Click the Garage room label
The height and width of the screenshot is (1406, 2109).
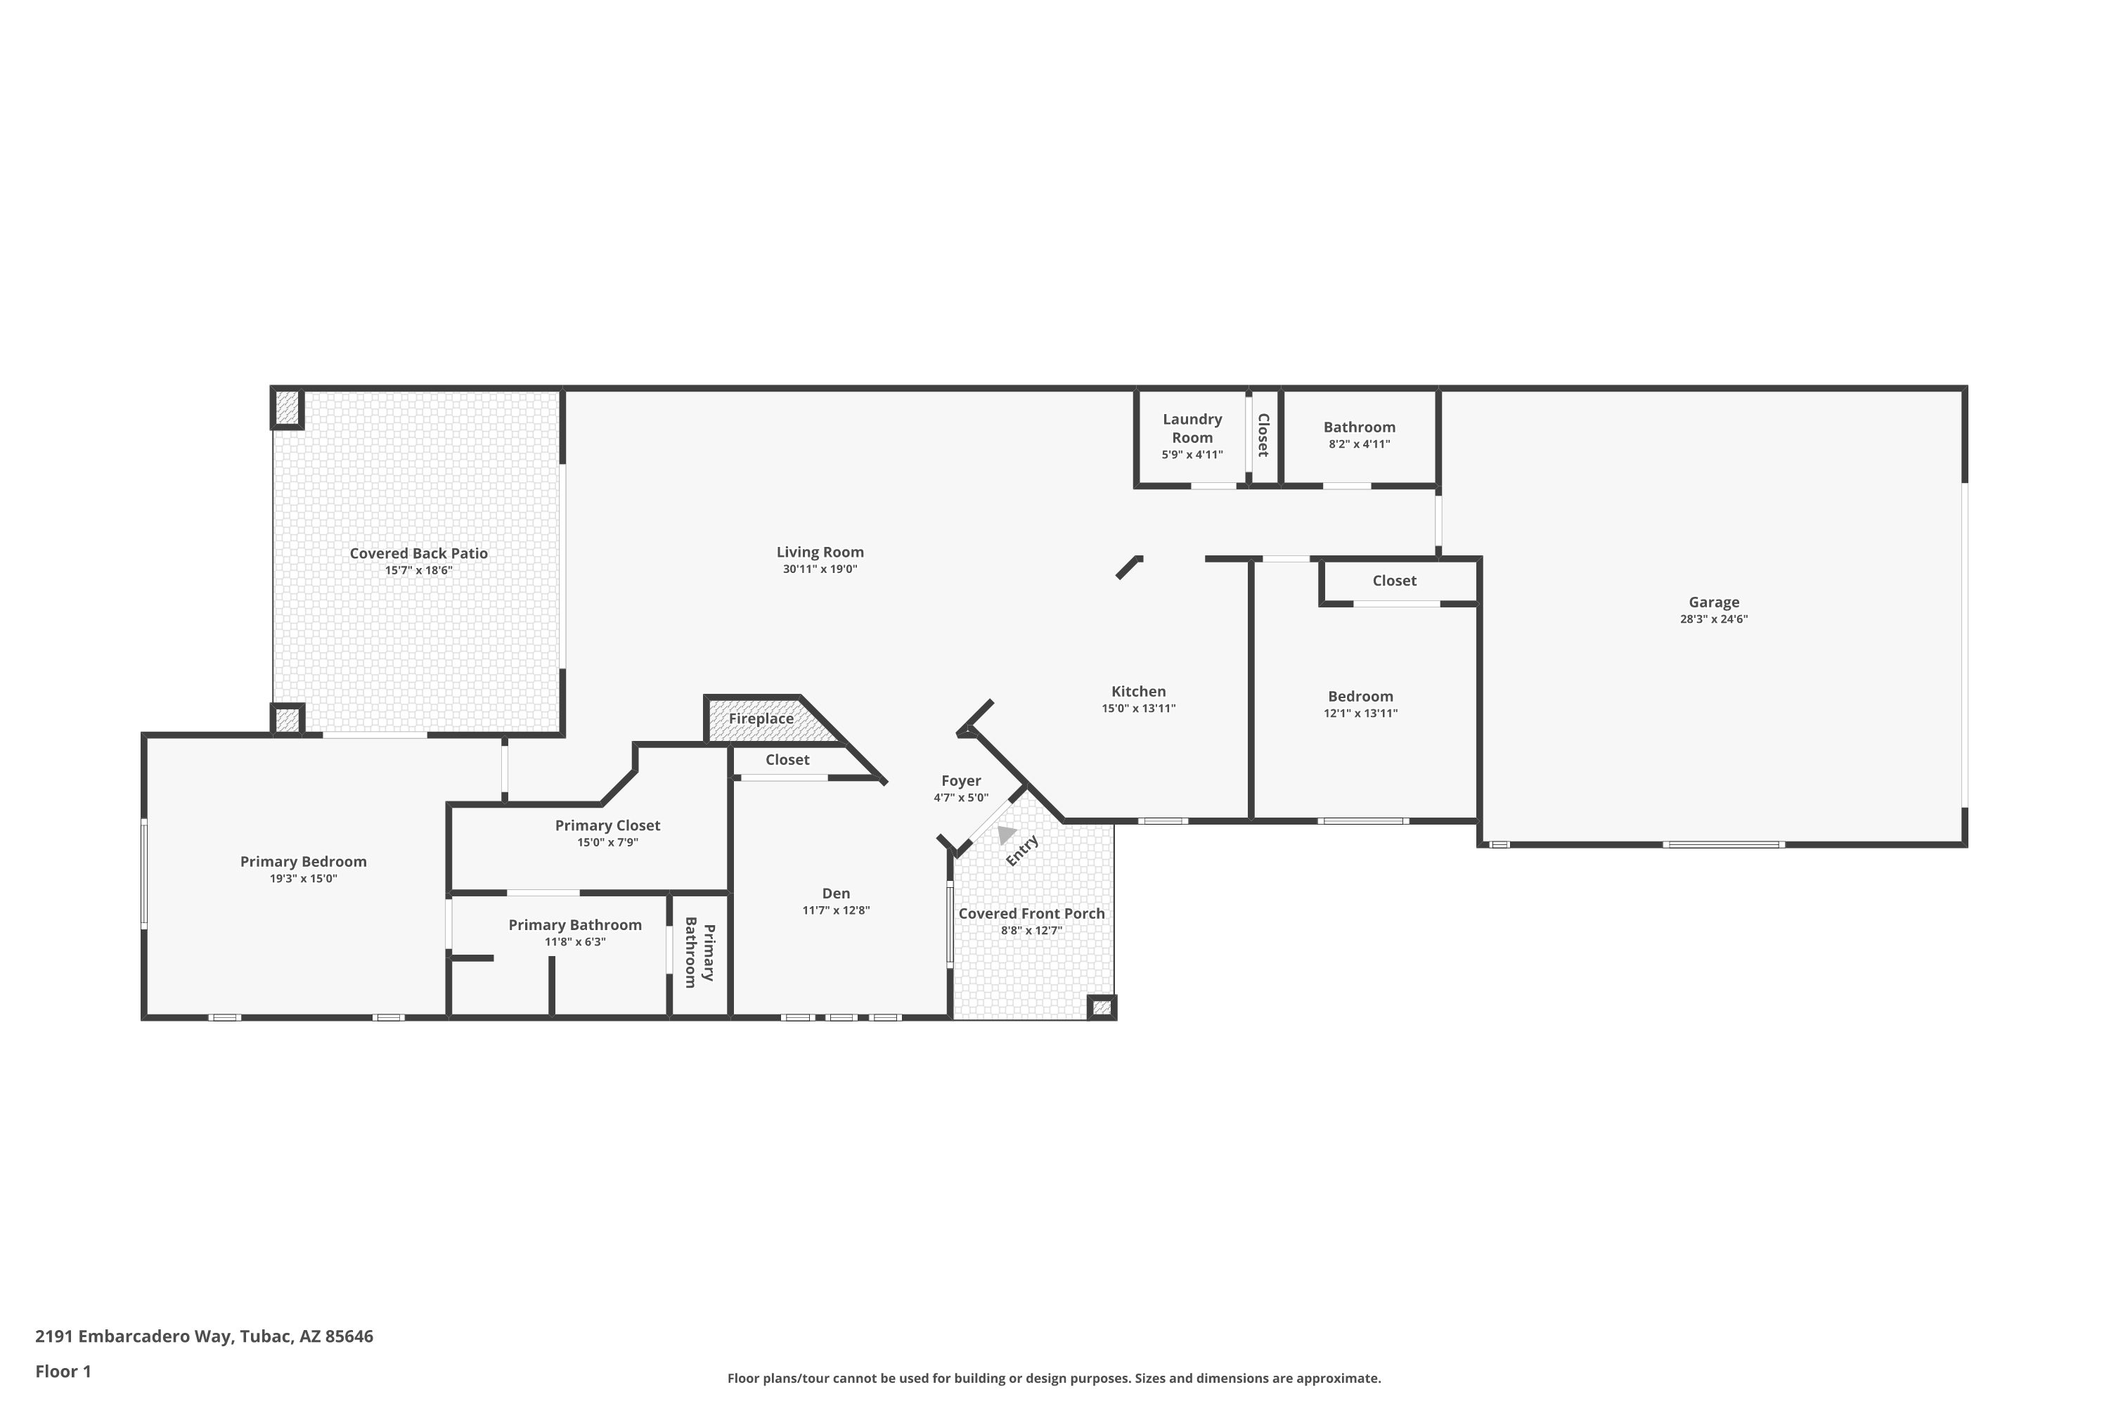coord(1714,602)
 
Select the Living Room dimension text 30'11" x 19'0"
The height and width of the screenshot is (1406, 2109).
coord(820,569)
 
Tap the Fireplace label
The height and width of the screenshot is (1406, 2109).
coord(761,719)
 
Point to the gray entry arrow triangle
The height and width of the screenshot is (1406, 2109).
coord(1005,834)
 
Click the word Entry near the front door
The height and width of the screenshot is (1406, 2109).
coord(1022,850)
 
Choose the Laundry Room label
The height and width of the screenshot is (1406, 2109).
coord(1192,429)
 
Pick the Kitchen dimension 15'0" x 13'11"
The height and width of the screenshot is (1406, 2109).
coord(1138,709)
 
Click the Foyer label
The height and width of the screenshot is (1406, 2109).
coord(960,781)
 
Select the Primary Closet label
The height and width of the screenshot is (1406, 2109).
coord(607,826)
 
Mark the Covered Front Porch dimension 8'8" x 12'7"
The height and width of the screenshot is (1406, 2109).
coord(1031,931)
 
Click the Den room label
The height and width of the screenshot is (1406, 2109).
coord(836,894)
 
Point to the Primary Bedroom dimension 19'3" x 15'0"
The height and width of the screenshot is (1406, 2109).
coord(303,879)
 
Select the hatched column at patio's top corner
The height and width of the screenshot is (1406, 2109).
coord(287,408)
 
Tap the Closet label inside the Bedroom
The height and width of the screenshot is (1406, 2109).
coord(1394,581)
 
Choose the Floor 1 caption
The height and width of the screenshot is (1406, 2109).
coord(63,1371)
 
